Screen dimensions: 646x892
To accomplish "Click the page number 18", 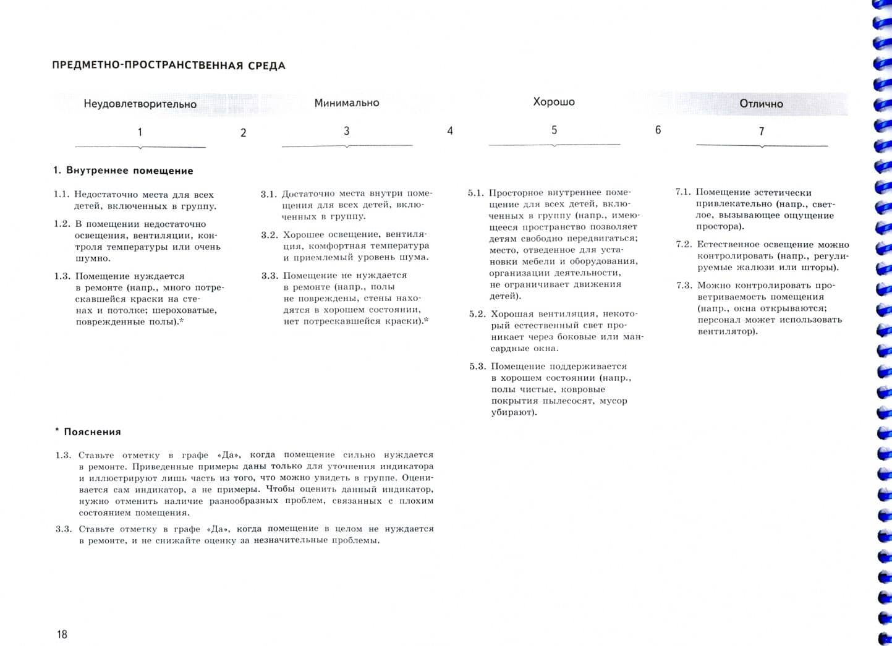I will click(62, 634).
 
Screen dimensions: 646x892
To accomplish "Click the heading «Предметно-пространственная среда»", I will click(169, 66).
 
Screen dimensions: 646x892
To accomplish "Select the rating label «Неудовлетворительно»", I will click(140, 104).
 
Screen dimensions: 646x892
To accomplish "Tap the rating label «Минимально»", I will click(347, 103).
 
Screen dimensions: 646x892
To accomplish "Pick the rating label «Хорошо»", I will click(554, 101).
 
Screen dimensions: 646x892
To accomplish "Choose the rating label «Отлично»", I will click(761, 104).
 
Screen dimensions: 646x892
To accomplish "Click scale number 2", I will click(244, 132).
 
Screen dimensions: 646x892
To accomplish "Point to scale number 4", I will click(450, 131).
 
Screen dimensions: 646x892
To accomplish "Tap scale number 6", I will click(658, 130).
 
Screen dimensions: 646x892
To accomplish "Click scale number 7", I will click(762, 131).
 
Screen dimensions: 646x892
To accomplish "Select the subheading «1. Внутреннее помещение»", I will click(124, 171).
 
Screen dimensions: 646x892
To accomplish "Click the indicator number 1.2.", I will click(62, 224).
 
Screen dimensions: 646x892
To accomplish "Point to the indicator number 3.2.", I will click(270, 235).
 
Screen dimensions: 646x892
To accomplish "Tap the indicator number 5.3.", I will click(478, 366).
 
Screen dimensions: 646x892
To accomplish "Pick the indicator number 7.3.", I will click(684, 286).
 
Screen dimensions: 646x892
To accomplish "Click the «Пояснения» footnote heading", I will click(92, 432).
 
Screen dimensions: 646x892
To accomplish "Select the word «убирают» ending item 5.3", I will click(512, 412).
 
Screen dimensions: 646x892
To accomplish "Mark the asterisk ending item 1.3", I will click(182, 321).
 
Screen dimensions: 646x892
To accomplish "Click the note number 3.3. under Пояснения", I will click(64, 529).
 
